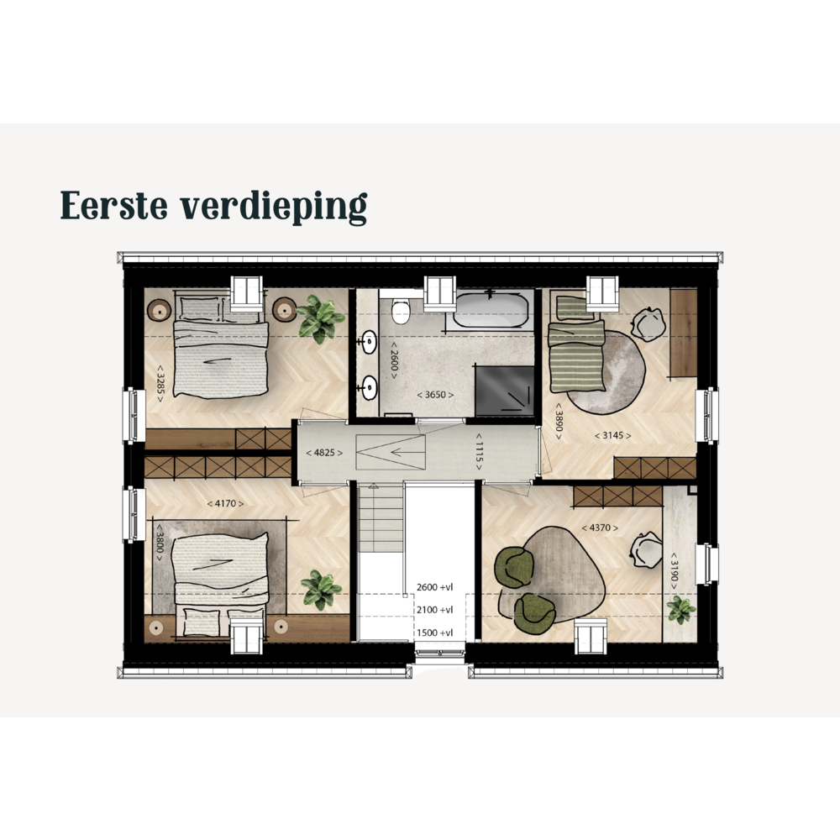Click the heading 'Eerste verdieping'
[x=213, y=207]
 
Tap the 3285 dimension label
[x=160, y=383]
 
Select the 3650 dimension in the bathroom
[x=435, y=395]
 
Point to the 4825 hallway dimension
[x=324, y=453]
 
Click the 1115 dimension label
[x=479, y=452]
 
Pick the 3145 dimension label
[x=613, y=435]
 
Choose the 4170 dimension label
[x=225, y=503]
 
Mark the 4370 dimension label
[x=600, y=528]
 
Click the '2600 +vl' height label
[x=434, y=587]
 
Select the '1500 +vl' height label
[x=434, y=633]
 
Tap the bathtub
[x=491, y=310]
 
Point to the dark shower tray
[x=505, y=391]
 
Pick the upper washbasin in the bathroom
[x=369, y=343]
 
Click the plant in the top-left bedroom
[x=320, y=318]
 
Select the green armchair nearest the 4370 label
[x=513, y=567]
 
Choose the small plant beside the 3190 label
[x=681, y=610]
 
